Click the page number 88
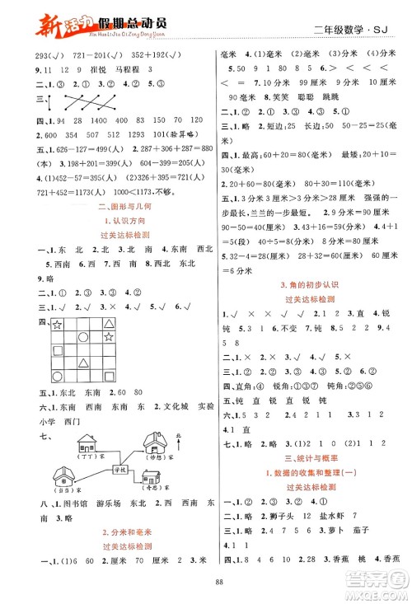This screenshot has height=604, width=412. coord(205,588)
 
